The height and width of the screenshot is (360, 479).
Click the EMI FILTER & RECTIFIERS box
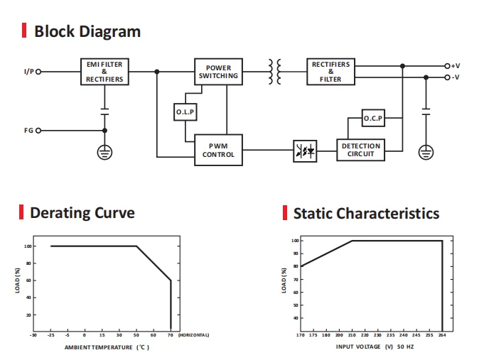point(104,72)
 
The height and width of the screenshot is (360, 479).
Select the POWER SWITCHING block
point(218,72)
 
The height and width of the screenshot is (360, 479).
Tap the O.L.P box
point(185,112)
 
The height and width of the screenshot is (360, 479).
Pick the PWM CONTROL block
point(218,150)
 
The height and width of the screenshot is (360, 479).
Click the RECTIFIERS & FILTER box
point(330,72)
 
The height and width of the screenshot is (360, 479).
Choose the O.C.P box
point(373,119)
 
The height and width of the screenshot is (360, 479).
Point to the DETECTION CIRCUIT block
point(360,150)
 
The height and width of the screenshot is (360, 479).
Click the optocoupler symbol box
point(304,151)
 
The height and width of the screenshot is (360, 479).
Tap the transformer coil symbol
point(275,71)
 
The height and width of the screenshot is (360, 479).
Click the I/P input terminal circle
point(38,72)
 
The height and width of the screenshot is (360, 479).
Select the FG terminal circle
point(38,131)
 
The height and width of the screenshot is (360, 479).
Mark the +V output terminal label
point(456,65)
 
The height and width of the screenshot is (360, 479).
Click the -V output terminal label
point(456,77)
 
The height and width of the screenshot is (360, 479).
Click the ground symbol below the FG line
point(104,151)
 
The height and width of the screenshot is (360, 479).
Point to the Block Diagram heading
point(87,31)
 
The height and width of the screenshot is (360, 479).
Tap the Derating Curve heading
point(82,212)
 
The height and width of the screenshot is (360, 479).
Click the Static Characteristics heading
point(366,213)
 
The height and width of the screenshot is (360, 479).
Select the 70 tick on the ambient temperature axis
point(171,334)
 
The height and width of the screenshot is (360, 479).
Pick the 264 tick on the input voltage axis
point(442,334)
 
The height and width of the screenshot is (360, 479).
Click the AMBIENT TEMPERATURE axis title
point(107,347)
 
